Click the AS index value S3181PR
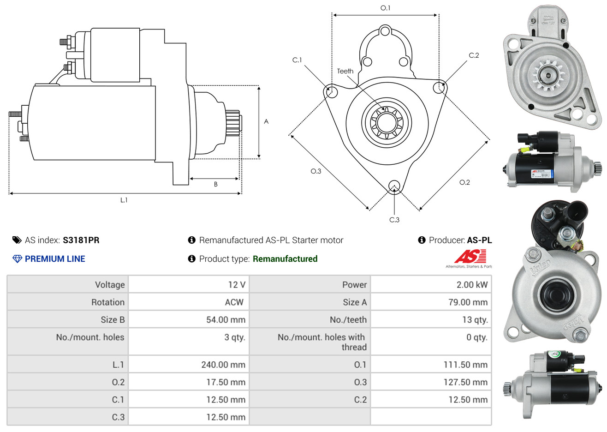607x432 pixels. coord(81,240)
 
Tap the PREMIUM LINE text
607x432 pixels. coord(55,259)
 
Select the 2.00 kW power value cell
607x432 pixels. coord(472,285)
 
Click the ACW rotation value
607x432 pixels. coord(234,302)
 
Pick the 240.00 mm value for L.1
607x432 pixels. coord(223,365)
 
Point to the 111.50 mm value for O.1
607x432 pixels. coord(465,365)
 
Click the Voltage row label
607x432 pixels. coord(110,285)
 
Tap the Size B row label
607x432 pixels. coord(113,320)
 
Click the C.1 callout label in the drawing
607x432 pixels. coord(297,60)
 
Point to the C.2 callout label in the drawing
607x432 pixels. coord(474,55)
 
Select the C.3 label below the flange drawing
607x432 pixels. coord(394,220)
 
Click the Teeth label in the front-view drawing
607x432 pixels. coord(345,71)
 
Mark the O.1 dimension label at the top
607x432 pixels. coord(385,8)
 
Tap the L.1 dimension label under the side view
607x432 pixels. coord(124,200)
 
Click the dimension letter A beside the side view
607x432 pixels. coord(266,121)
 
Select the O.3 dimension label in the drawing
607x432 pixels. coord(315,171)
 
